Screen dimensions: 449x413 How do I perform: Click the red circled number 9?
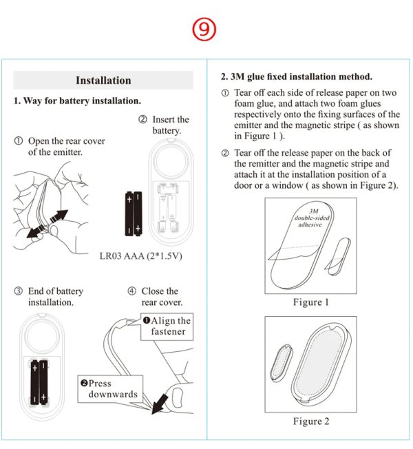(205, 30)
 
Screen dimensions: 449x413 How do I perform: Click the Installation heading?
(103, 81)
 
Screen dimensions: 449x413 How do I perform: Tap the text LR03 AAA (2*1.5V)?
(141, 256)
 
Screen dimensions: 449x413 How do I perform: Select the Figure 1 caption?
(311, 302)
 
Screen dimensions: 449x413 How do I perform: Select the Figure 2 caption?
(311, 421)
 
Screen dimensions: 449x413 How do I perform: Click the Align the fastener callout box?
(167, 326)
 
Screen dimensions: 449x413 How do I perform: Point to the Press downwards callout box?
(110, 389)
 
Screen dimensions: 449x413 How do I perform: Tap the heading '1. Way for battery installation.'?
(77, 101)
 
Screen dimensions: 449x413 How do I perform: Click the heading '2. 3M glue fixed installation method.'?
(296, 76)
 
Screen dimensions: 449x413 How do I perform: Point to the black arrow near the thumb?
(162, 401)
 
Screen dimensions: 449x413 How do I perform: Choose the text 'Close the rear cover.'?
(158, 297)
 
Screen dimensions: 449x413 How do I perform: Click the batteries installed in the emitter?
(39, 381)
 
